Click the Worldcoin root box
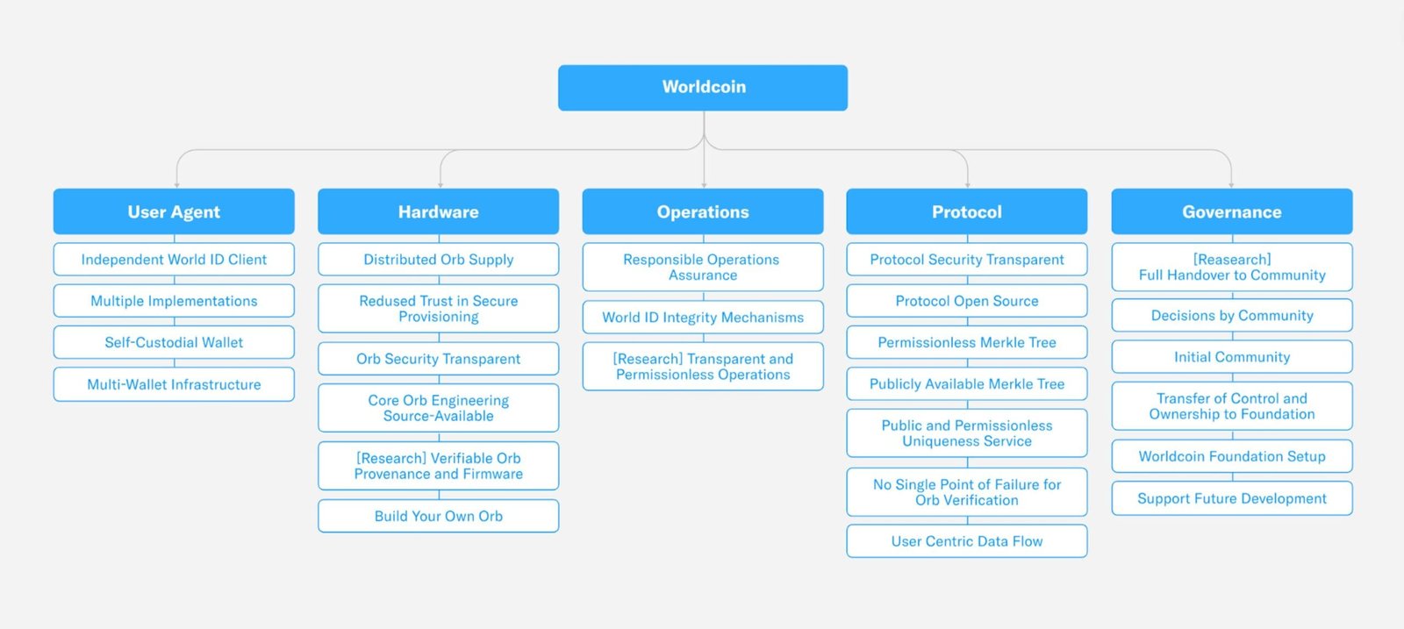(x=703, y=88)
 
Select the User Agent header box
(x=174, y=211)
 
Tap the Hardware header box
(x=438, y=211)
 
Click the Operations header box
(x=703, y=211)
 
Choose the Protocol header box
(x=967, y=211)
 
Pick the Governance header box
(x=1231, y=211)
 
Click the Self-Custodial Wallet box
(x=174, y=342)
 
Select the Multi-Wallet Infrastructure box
(x=174, y=384)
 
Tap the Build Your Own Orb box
(x=438, y=516)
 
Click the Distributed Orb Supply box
(x=438, y=260)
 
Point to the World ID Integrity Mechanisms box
(x=703, y=318)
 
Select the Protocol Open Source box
(x=967, y=301)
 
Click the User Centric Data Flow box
(x=967, y=541)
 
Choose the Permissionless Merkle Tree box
(x=967, y=342)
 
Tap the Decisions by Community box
(x=1231, y=316)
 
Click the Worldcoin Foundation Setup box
(x=1231, y=456)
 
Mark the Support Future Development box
(x=1231, y=498)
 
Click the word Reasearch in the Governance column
(x=1232, y=260)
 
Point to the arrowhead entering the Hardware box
(x=440, y=184)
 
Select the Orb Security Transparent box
(x=438, y=359)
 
